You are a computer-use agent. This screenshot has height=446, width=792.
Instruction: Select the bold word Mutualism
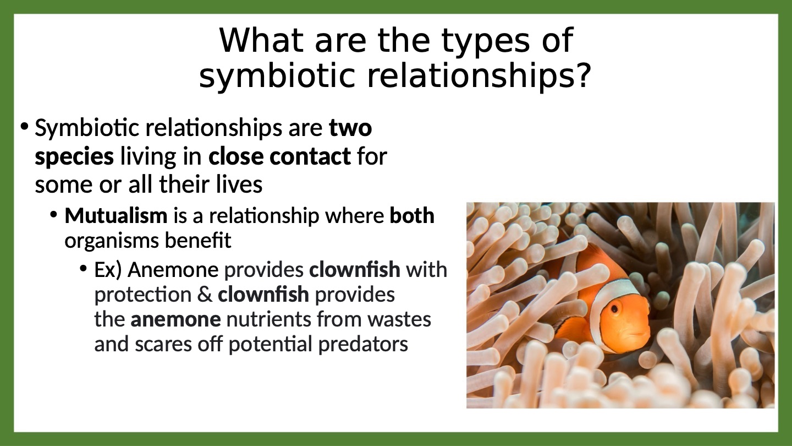[x=116, y=215]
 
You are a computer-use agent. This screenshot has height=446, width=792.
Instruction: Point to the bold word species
[x=74, y=157]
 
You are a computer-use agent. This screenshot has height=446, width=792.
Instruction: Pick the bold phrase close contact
[x=279, y=156]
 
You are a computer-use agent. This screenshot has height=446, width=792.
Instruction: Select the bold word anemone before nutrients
[x=176, y=319]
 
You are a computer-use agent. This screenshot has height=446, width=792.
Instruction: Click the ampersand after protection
[x=205, y=295]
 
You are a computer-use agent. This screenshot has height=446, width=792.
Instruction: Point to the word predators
[x=363, y=345]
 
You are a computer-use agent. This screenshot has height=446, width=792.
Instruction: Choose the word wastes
[x=399, y=319]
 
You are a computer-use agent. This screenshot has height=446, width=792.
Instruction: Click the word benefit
[x=198, y=241]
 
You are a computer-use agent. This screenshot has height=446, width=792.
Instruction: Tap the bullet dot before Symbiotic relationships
[x=24, y=127]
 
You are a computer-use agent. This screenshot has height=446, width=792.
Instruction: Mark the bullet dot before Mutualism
[x=53, y=215]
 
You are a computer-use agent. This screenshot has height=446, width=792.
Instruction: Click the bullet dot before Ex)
[x=83, y=268]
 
